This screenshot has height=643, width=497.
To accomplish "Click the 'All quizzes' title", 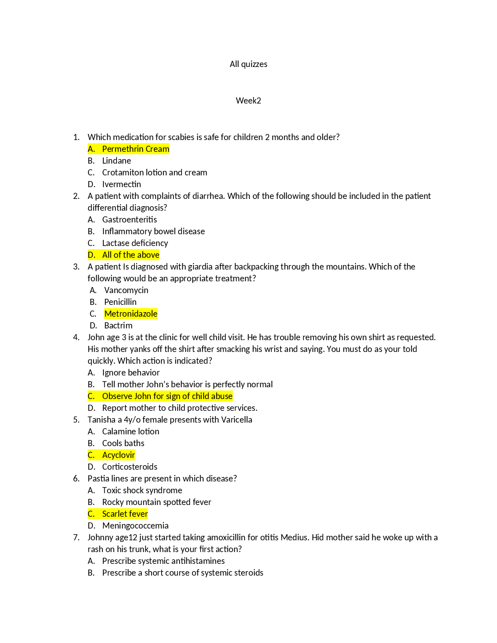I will pyautogui.click(x=248, y=64).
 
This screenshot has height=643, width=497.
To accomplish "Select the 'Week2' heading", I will pyautogui.click(x=248, y=101).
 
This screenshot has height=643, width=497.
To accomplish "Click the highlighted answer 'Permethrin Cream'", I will pyautogui.click(x=136, y=149).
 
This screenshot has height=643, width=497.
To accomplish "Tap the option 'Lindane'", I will pyautogui.click(x=117, y=161).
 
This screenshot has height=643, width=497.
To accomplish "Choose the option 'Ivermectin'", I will pyautogui.click(x=121, y=184).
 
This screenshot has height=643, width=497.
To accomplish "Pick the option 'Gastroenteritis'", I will pyautogui.click(x=129, y=220).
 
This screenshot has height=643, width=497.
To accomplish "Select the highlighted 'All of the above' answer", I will pyautogui.click(x=130, y=255).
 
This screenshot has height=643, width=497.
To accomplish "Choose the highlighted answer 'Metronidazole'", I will pyautogui.click(x=130, y=314).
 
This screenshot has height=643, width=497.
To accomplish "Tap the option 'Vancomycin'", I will pyautogui.click(x=126, y=290).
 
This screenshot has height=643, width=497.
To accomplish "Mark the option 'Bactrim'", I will pyautogui.click(x=118, y=326).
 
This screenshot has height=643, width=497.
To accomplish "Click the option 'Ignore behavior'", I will pyautogui.click(x=131, y=373).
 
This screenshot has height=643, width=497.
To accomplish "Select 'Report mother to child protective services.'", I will pyautogui.click(x=179, y=408).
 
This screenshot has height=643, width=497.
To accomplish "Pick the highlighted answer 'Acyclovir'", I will pyautogui.click(x=119, y=455).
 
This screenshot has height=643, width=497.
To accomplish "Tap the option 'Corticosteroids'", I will pyautogui.click(x=130, y=467).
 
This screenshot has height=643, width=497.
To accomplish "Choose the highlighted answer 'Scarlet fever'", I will pyautogui.click(x=125, y=514).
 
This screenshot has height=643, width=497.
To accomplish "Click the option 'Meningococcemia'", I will pyautogui.click(x=135, y=526).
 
